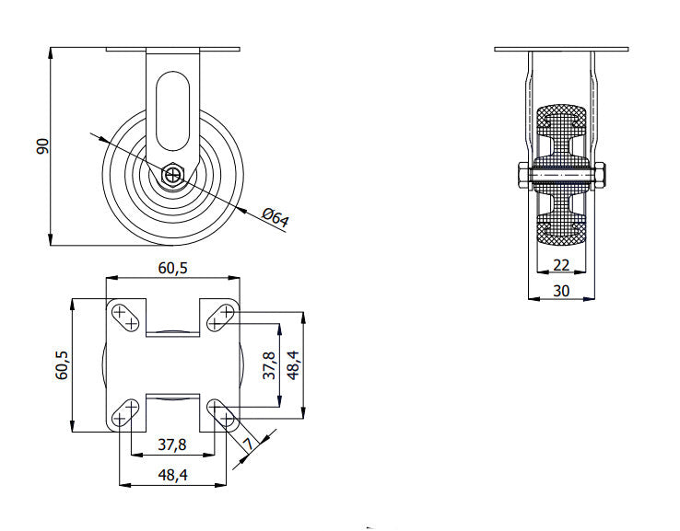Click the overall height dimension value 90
[x=42, y=146]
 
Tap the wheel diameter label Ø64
[x=276, y=217]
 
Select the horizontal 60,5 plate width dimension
[x=172, y=269]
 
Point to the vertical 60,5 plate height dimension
[x=62, y=365]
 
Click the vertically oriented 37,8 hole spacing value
[x=269, y=365]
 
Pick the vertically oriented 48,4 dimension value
[x=294, y=365]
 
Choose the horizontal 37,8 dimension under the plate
[x=172, y=444]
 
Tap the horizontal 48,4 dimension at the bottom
[x=172, y=475]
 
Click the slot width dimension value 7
[x=248, y=444]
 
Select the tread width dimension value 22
[x=561, y=265]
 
